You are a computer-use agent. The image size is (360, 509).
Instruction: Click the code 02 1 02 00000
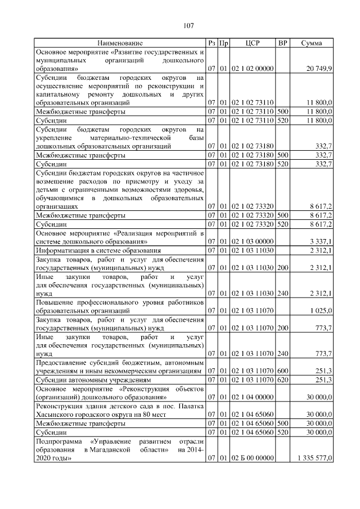click(253, 69)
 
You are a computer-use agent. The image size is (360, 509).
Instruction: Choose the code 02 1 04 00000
click(253, 397)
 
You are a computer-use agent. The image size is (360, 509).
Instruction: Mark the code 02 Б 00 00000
click(253, 460)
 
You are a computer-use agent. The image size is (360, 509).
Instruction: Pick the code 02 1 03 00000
click(253, 241)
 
